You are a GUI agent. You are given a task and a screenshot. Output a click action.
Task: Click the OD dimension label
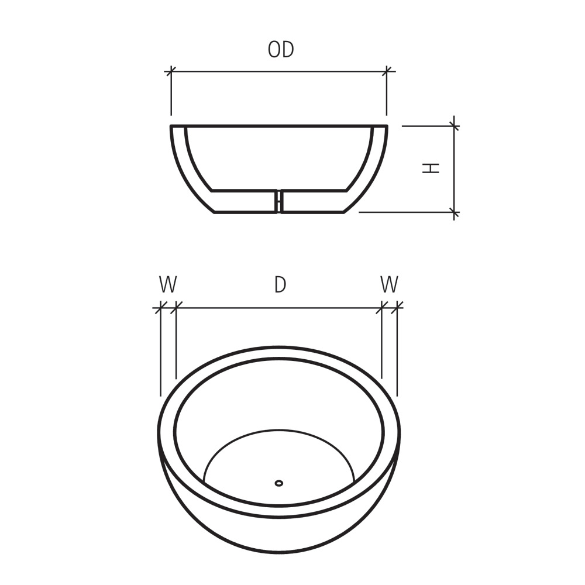pyautogui.click(x=281, y=50)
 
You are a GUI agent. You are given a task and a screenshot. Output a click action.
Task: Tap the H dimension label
pyautogui.click(x=431, y=168)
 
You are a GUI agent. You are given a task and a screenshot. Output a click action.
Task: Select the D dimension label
pyautogui.click(x=280, y=285)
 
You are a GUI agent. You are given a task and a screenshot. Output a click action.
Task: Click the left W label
pyautogui.click(x=167, y=285)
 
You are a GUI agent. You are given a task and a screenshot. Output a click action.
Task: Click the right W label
pyautogui.click(x=389, y=285)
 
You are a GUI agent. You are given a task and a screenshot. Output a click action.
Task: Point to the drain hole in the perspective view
pyautogui.click(x=279, y=483)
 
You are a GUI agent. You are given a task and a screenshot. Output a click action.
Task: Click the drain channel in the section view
pyautogui.click(x=279, y=201)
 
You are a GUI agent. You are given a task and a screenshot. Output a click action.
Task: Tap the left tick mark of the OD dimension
pyautogui.click(x=171, y=71)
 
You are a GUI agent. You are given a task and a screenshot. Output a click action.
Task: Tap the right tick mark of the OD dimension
pyautogui.click(x=387, y=71)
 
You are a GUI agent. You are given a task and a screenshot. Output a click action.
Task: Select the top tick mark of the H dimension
pyautogui.click(x=455, y=125)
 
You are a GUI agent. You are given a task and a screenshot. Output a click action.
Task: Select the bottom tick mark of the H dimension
pyautogui.click(x=455, y=212)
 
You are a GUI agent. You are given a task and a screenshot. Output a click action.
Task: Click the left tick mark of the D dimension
pyautogui.click(x=175, y=307)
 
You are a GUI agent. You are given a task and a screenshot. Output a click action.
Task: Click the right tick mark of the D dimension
pyautogui.click(x=382, y=307)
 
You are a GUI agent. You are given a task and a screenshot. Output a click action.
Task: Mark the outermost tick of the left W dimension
pyautogui.click(x=160, y=307)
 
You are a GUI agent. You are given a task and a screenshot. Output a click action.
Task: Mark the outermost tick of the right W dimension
pyautogui.click(x=398, y=307)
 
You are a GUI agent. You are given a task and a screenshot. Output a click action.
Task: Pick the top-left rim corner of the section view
pyautogui.click(x=172, y=126)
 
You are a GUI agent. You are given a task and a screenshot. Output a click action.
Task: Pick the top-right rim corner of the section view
pyautogui.click(x=386, y=126)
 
